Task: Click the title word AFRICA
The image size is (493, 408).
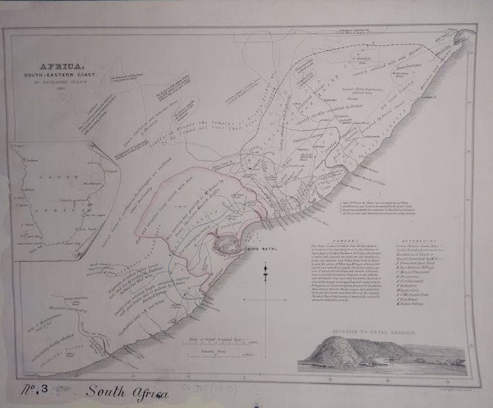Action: pyautogui.click(x=61, y=67)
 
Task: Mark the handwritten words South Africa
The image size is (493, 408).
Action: pyautogui.click(x=127, y=393)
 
